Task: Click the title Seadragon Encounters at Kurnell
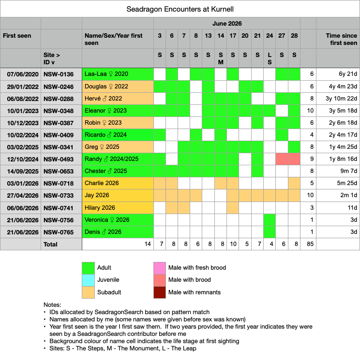coord(180,9)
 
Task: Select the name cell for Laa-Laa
coord(118,74)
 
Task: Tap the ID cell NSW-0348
coord(61,111)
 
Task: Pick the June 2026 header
coord(227,24)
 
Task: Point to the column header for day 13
coord(208,36)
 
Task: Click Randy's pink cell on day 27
coord(282,159)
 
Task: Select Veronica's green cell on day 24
coord(270,220)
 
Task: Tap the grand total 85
coord(310,244)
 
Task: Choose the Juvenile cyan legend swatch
coord(88,280)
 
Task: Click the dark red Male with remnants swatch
coord(160,292)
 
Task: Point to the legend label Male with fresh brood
coord(197,268)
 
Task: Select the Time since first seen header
coord(341,39)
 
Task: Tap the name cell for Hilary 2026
coord(118,208)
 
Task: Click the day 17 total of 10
coord(233,244)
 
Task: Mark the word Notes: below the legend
coord(52,305)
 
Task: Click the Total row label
coord(50,244)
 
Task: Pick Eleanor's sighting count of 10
coord(310,111)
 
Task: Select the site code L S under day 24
coord(270,58)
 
